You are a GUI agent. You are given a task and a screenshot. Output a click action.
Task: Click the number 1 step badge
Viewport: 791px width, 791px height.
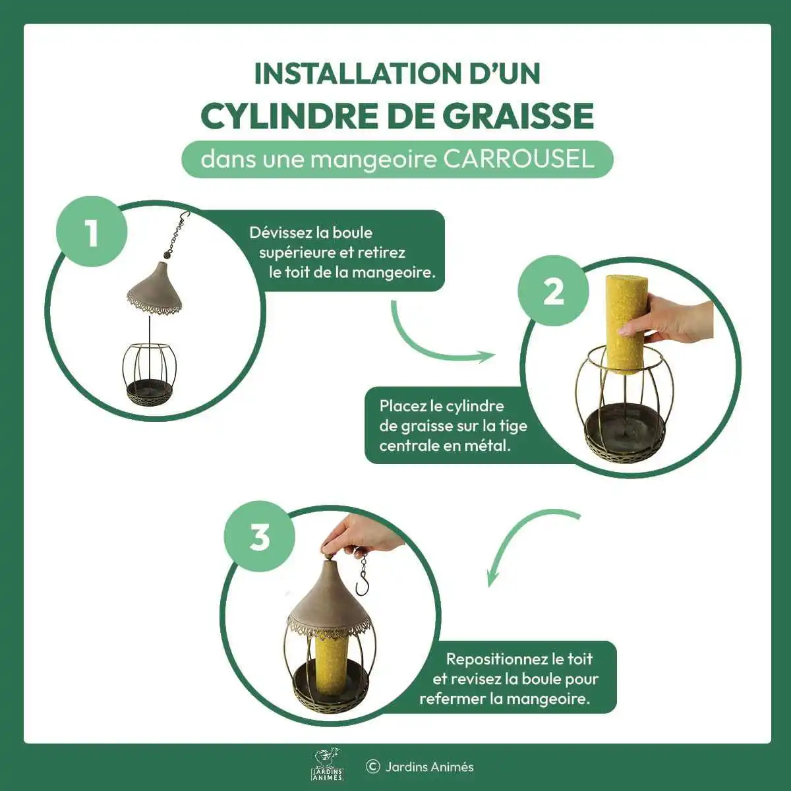tap(92, 232)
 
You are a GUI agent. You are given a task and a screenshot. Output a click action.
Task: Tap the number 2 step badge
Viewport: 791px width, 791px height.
tap(553, 291)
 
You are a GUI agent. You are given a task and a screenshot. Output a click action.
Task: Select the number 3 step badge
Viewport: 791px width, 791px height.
tap(260, 536)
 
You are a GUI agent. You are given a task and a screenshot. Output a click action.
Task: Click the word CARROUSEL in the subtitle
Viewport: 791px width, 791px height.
tap(519, 159)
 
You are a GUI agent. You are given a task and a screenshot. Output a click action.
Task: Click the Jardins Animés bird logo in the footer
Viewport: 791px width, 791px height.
tap(328, 765)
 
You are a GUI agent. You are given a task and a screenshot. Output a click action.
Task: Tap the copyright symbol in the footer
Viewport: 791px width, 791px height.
tap(372, 767)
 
